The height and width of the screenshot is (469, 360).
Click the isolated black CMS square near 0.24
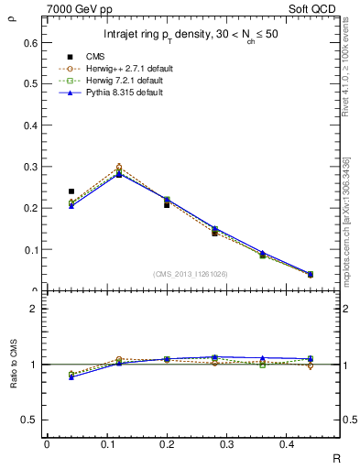coord(71,191)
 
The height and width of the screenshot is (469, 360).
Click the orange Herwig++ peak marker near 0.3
coord(119,168)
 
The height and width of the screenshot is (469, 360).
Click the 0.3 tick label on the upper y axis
coord(29,167)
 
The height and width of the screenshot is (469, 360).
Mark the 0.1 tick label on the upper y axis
coord(29,249)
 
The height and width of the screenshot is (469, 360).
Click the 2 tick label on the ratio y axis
coord(33,309)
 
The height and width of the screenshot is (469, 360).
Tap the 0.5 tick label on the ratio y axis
coord(29,420)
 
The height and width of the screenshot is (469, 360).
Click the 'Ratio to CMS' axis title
coord(12,364)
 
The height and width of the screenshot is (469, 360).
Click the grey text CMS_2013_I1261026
coord(190,274)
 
